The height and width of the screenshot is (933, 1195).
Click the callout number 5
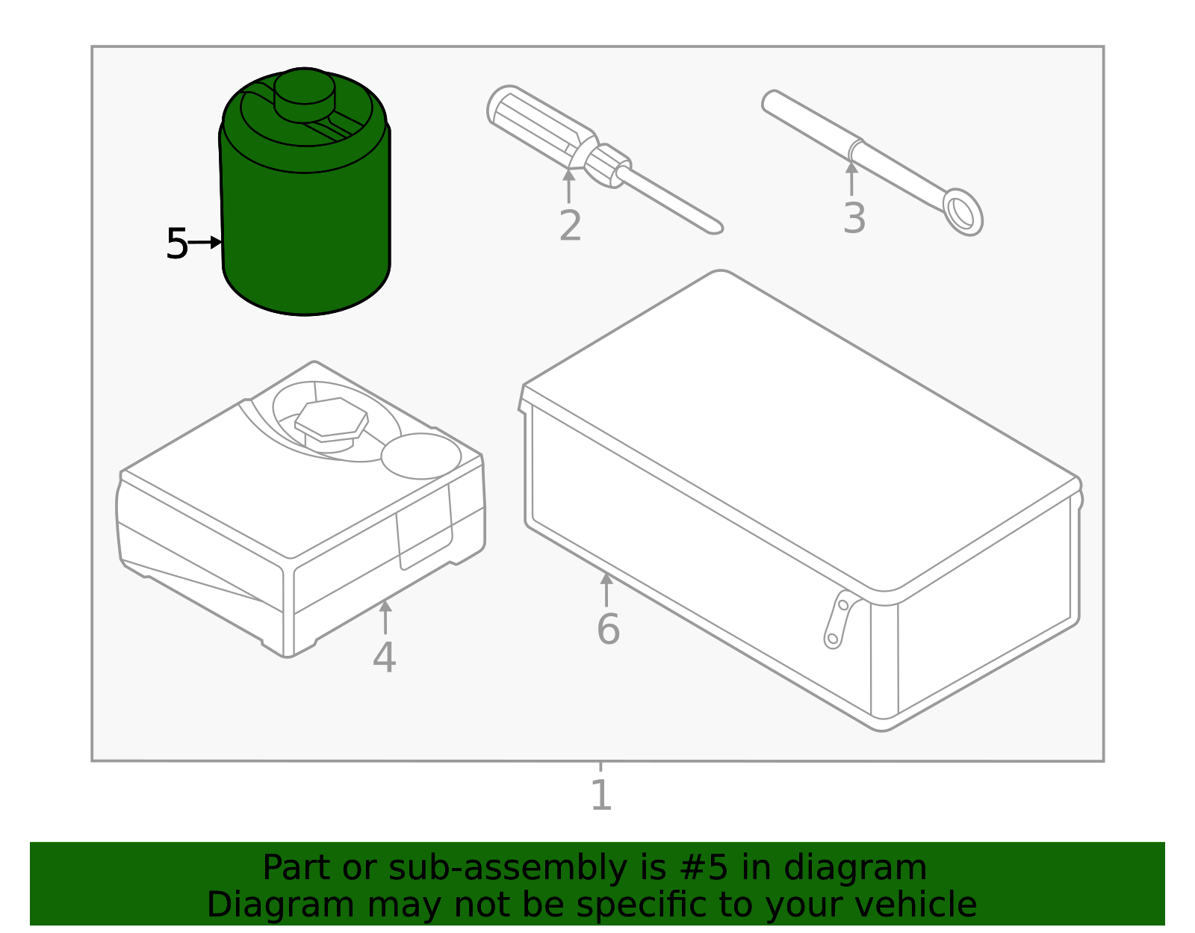176,244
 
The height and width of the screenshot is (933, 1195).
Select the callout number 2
570,226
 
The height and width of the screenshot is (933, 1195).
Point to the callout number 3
854,219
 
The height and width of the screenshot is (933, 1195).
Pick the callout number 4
384,658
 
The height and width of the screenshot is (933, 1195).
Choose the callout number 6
608,629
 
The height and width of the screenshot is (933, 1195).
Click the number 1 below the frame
601,796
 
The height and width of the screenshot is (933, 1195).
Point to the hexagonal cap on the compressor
331,419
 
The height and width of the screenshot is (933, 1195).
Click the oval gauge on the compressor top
421,456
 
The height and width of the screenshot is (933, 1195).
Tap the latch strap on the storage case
839,619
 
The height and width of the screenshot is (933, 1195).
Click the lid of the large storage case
799,426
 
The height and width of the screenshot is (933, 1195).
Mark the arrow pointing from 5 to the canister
205,243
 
